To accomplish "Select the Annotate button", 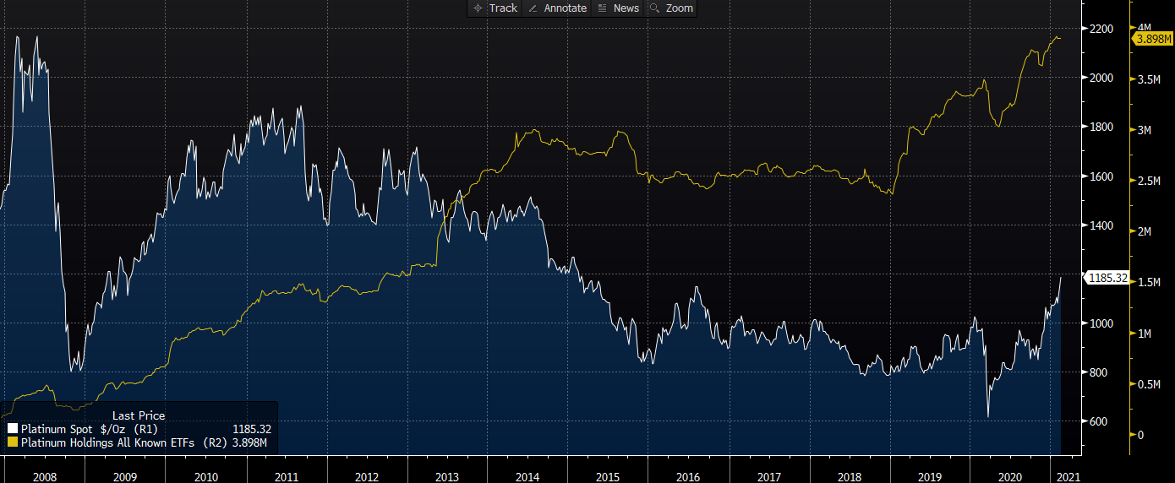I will click(x=557, y=8).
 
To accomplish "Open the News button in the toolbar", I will click(x=619, y=8).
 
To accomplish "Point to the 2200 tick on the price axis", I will click(x=1101, y=29).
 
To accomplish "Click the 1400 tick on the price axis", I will click(x=1101, y=225).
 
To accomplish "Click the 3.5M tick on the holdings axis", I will click(x=1150, y=79).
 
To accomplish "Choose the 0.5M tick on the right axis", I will click(x=1150, y=384).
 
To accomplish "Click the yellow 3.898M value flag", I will click(x=1153, y=39).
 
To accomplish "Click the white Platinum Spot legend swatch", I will click(x=13, y=428).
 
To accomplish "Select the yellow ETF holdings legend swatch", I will click(x=13, y=442).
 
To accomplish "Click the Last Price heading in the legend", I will click(x=139, y=415).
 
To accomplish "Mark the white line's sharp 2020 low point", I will click(x=988, y=416).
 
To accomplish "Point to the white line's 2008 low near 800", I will click(x=73, y=371).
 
